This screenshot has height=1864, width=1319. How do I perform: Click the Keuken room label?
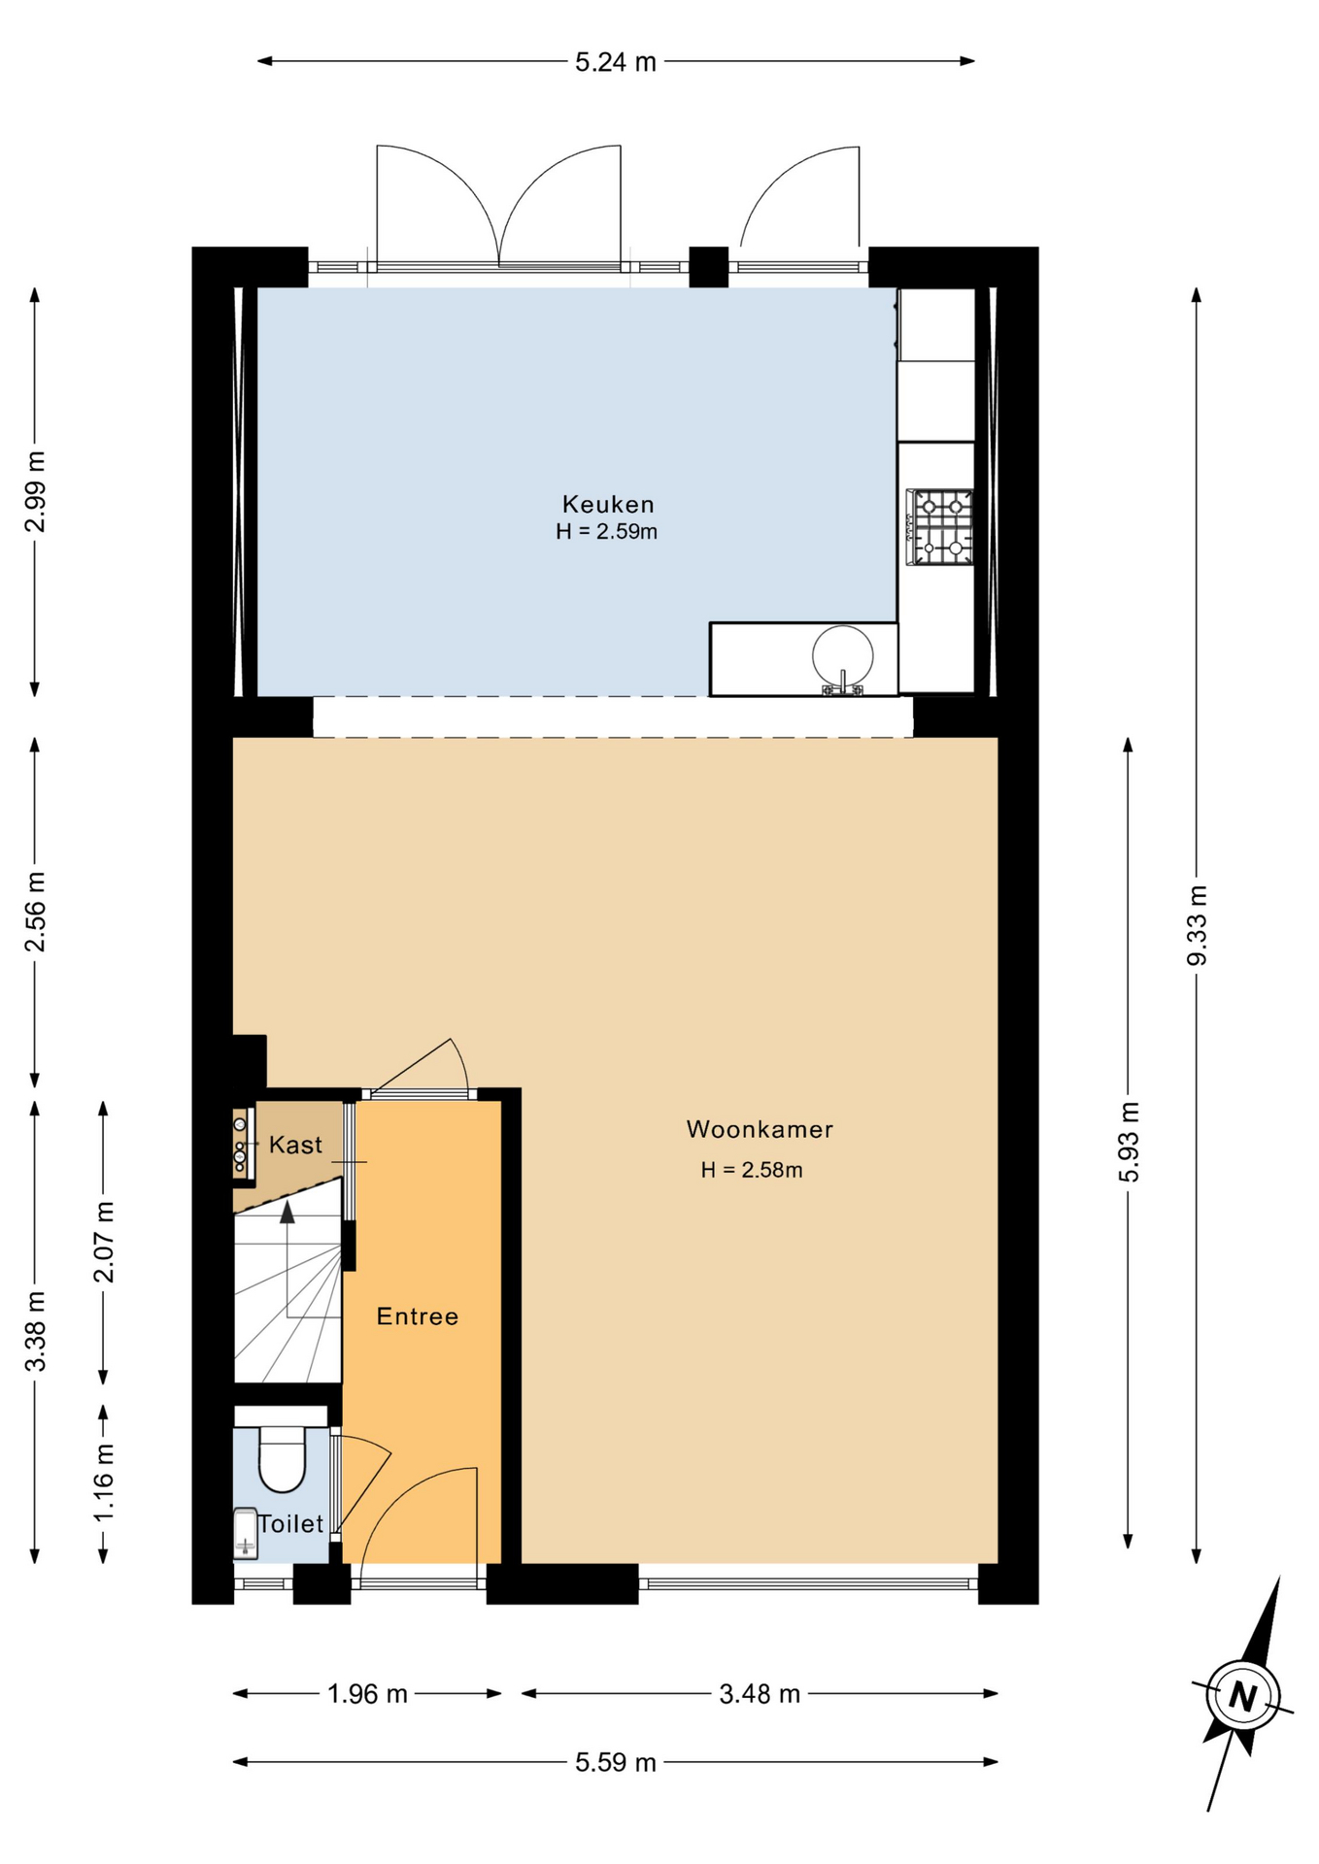coord(608,504)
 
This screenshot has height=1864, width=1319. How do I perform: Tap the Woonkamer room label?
coord(760,1129)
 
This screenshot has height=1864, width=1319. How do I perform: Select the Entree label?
coord(418,1316)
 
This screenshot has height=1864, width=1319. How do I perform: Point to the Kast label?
coord(295,1145)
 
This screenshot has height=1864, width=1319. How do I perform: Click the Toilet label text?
coord(290,1523)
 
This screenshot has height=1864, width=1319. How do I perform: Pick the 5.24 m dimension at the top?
coord(616,62)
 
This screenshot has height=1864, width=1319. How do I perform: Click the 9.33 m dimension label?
coord(1197,925)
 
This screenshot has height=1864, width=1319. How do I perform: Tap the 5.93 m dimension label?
coord(1129,1142)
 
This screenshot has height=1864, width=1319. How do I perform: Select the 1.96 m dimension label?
coord(367,1694)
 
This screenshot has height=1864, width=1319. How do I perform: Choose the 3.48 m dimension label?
coord(760,1694)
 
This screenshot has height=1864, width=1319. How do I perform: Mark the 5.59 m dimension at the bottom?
coord(616,1762)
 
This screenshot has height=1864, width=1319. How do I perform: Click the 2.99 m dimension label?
coord(35,491)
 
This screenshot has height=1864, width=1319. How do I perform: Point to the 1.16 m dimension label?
coord(104,1482)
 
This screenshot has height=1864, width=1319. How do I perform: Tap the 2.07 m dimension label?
coord(104,1242)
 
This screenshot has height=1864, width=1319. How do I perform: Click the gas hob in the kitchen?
coord(939,527)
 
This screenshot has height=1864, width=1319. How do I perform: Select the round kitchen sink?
coord(843,657)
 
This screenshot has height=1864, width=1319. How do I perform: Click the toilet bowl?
coord(282,1458)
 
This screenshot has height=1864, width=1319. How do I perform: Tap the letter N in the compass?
coord(1242,1696)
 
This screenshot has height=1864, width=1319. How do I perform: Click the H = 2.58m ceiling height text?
coord(752,1170)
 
